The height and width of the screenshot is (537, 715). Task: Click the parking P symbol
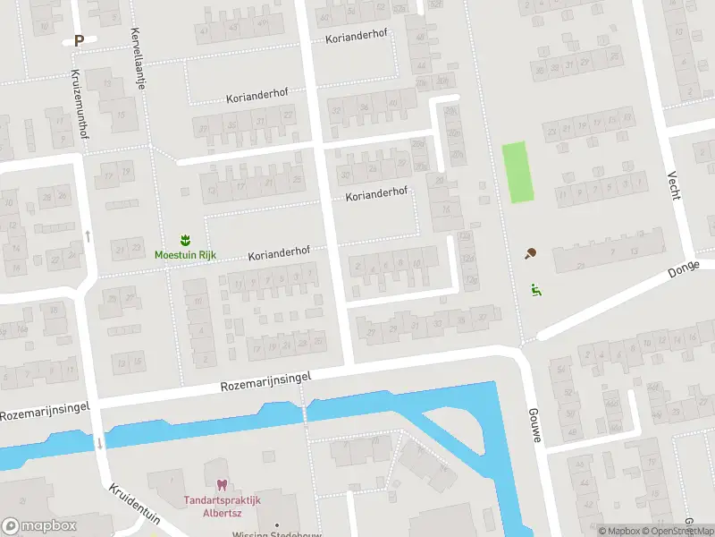pos(79,39)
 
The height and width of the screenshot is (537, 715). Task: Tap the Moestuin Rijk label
pos(185,255)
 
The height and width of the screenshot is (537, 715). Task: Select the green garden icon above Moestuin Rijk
pos(185,240)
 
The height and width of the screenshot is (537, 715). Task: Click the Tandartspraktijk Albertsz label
pos(222,507)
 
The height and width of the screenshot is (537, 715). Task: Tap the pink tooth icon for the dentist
pos(222,484)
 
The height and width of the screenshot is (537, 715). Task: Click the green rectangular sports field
pos(517,172)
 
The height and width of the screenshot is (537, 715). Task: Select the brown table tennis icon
pos(532,254)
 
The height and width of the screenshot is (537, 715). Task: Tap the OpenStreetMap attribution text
pos(681,532)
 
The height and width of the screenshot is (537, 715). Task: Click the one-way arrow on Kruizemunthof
pos(88,236)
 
